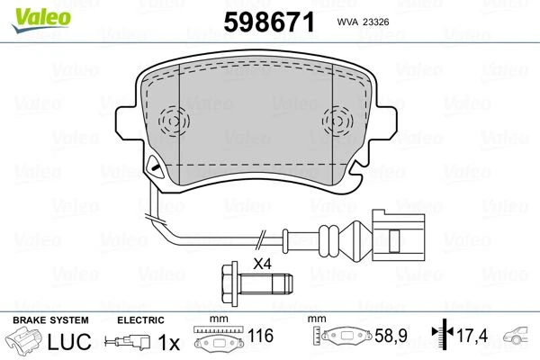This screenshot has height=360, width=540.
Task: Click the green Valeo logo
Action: (x=41, y=19)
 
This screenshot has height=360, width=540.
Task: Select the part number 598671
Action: (x=269, y=22)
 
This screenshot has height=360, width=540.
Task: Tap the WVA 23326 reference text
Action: (x=363, y=22)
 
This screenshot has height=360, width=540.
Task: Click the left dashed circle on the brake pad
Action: (x=174, y=121)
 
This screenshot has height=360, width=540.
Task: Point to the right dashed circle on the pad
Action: (x=337, y=121)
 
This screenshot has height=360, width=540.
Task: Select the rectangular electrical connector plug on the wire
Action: (x=398, y=236)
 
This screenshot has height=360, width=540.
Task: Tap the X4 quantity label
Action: (x=263, y=265)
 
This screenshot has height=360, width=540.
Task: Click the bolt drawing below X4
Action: (x=256, y=284)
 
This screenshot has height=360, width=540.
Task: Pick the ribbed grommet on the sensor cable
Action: (x=328, y=241)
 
